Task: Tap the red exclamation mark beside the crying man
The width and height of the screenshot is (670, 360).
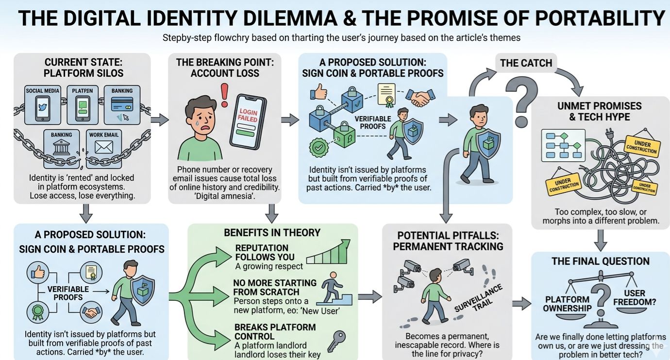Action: (x=224, y=95)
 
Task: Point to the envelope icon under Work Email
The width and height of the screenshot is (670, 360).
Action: (x=103, y=147)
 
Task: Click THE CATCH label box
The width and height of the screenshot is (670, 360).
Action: (x=526, y=63)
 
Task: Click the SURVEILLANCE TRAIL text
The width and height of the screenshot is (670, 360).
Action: (x=479, y=299)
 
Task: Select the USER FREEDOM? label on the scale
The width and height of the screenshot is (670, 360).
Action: (x=635, y=297)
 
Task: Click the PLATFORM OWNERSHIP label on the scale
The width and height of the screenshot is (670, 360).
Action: (x=567, y=304)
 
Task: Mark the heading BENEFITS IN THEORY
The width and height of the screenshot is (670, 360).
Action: (x=272, y=233)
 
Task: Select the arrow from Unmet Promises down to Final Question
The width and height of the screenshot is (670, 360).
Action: (x=601, y=239)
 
